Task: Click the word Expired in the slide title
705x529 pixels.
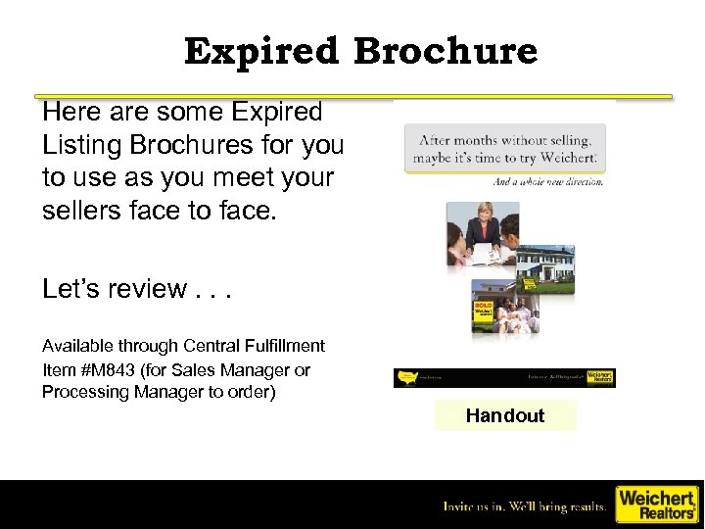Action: click(x=262, y=51)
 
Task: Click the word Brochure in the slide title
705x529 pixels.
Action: click(x=446, y=51)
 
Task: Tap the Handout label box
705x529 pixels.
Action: click(x=505, y=415)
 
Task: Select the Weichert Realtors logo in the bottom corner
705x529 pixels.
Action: click(x=655, y=504)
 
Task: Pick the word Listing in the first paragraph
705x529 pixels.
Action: click(x=83, y=146)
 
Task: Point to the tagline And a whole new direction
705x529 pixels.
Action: click(x=547, y=181)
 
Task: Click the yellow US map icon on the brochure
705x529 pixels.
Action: click(x=409, y=376)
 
